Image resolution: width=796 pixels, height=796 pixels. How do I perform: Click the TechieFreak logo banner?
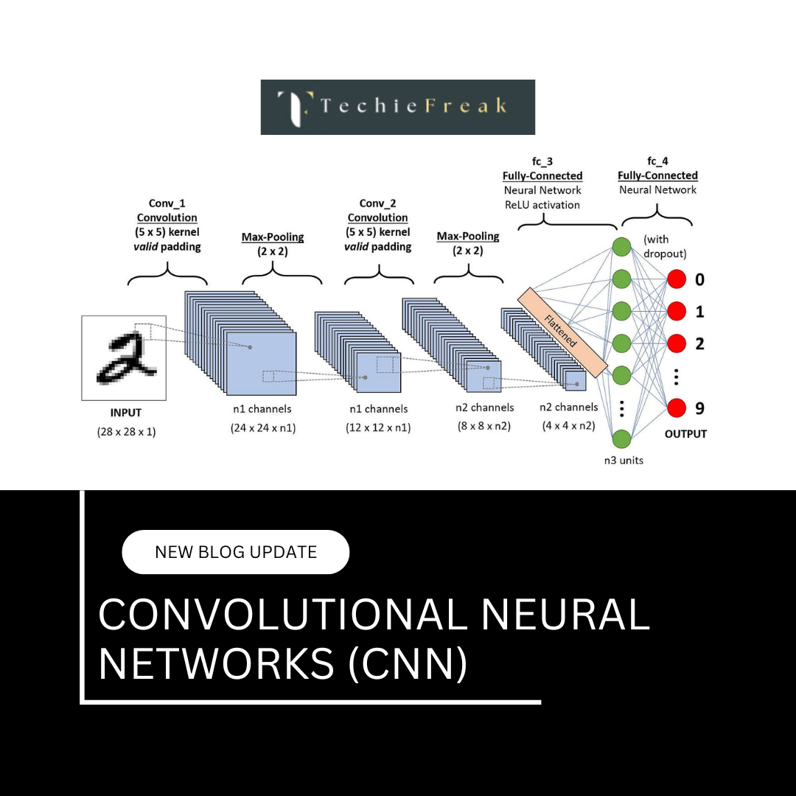pyautogui.click(x=398, y=107)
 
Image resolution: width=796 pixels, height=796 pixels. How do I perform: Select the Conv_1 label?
pyautogui.click(x=167, y=203)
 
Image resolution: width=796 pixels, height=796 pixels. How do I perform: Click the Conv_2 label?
pyautogui.click(x=377, y=203)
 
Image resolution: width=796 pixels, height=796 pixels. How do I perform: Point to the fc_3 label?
pyautogui.click(x=542, y=161)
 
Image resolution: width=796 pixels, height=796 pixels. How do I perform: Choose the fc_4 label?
pyautogui.click(x=657, y=161)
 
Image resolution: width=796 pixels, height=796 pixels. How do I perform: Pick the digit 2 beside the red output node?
pyautogui.click(x=699, y=343)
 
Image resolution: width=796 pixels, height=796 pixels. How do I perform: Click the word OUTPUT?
pyautogui.click(x=685, y=434)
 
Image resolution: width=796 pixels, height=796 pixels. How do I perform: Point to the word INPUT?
pyautogui.click(x=125, y=413)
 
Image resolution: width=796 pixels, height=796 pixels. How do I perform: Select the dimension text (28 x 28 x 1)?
pyautogui.click(x=126, y=432)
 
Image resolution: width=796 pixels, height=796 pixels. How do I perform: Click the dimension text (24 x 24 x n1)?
pyautogui.click(x=263, y=427)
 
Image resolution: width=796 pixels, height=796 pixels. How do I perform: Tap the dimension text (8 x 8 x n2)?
pyautogui.click(x=482, y=425)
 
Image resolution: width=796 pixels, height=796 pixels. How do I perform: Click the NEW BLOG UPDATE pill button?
pyautogui.click(x=235, y=552)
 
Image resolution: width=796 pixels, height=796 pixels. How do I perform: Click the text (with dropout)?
pyautogui.click(x=665, y=246)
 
